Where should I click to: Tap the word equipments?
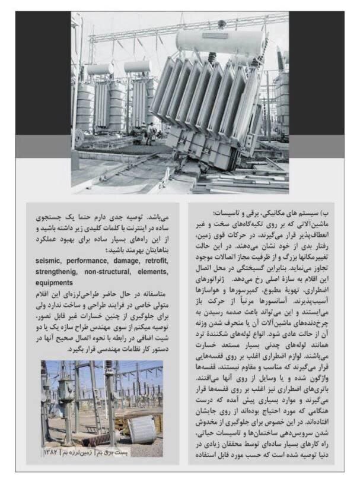53,282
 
